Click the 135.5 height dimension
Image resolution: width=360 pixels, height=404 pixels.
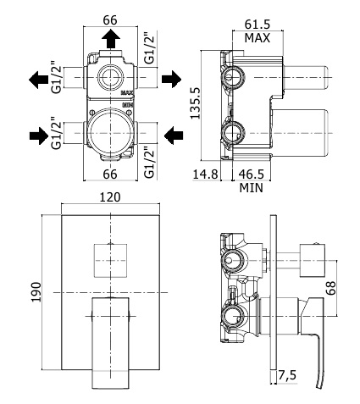click(195, 102)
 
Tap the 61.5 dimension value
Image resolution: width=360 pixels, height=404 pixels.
click(258, 25)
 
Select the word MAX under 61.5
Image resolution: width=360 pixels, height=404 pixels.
click(258, 38)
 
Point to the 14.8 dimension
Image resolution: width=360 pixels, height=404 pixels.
click(205, 174)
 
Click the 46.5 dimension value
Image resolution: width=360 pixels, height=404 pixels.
click(251, 174)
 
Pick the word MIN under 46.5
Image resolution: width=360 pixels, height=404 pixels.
click(251, 187)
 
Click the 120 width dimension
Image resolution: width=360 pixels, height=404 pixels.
click(110, 197)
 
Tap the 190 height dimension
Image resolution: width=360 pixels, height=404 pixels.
click(36, 292)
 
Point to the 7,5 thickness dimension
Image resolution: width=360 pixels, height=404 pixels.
click(287, 375)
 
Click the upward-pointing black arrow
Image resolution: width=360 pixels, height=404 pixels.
click(111, 39)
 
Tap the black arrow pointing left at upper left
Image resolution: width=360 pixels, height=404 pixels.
click(38, 80)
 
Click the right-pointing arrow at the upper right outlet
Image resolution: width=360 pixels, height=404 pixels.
click(171, 79)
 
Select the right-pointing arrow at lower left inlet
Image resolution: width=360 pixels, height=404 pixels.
click(39, 136)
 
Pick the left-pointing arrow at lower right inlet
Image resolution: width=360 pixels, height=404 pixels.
click(174, 136)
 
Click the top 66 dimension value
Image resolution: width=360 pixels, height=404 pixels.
click(110, 20)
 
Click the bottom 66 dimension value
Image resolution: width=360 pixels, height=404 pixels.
click(110, 174)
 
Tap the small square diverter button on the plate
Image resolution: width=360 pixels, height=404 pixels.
click(110, 260)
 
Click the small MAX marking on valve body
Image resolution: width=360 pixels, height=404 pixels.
click(127, 92)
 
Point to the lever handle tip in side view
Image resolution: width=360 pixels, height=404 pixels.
click(318, 386)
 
